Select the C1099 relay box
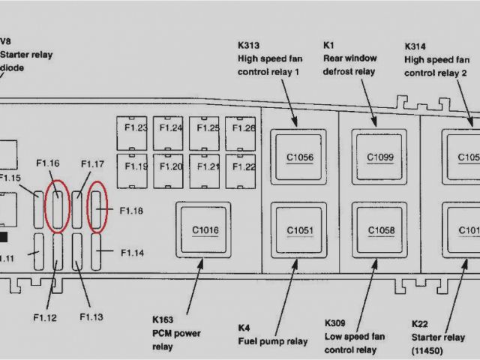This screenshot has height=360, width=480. pyautogui.click(x=379, y=157)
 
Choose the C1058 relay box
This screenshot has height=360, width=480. pyautogui.click(x=379, y=230)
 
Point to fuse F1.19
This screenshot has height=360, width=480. pyautogui.click(x=135, y=166)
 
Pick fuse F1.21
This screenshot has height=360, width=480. pyautogui.click(x=207, y=166)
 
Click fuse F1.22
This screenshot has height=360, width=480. pyautogui.click(x=243, y=166)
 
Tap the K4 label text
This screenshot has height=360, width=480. pyautogui.click(x=244, y=328)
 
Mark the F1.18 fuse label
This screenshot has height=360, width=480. pyautogui.click(x=130, y=211)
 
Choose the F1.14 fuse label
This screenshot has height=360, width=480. pyautogui.click(x=130, y=253)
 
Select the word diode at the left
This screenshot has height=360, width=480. pyautogui.click(x=13, y=67)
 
